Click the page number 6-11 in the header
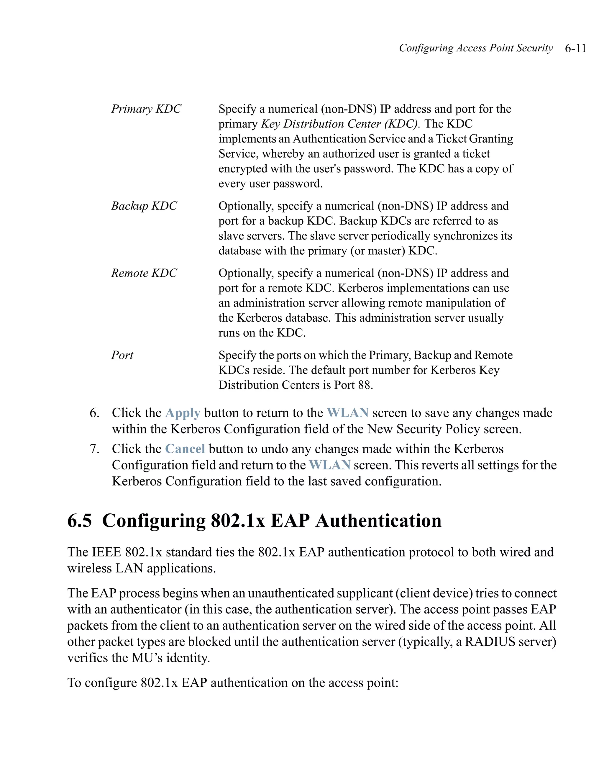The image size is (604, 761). click(x=575, y=48)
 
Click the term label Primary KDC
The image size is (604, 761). click(x=146, y=109)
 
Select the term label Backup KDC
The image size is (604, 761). click(x=144, y=206)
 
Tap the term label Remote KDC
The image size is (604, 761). click(x=144, y=273)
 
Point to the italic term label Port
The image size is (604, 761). click(x=122, y=355)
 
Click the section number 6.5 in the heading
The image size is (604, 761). click(x=80, y=521)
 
